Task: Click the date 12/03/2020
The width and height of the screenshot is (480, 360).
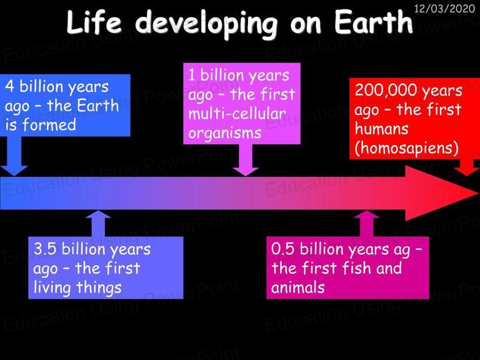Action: pos(444,8)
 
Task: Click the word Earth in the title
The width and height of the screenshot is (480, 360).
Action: pos(373,22)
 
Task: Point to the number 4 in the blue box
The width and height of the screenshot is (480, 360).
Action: pos(9,86)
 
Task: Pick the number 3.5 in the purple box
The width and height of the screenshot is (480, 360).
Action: pos(45,249)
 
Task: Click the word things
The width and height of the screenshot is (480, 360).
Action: pos(99,288)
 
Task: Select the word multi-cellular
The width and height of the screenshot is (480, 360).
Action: pos(237,114)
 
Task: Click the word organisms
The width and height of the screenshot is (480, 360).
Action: pos(225,134)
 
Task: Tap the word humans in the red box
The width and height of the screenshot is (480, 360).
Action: pos(381,129)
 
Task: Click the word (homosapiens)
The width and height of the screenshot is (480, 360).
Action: pos(406,148)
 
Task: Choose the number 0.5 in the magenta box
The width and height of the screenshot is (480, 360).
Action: pos(283,249)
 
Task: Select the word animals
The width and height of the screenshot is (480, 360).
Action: pos(298,287)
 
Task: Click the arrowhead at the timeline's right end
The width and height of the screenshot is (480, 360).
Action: pos(442,193)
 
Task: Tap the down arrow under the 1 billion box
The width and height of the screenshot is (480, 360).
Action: pos(246,160)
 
